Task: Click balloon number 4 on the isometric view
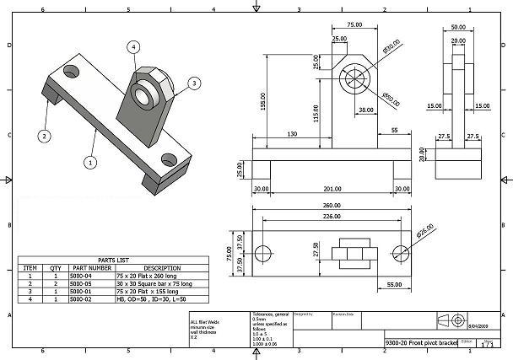pyautogui.click(x=133, y=47)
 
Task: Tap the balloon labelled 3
pyautogui.click(x=193, y=83)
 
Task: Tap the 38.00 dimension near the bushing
pyautogui.click(x=366, y=110)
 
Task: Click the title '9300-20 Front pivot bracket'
pyautogui.click(x=416, y=344)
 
